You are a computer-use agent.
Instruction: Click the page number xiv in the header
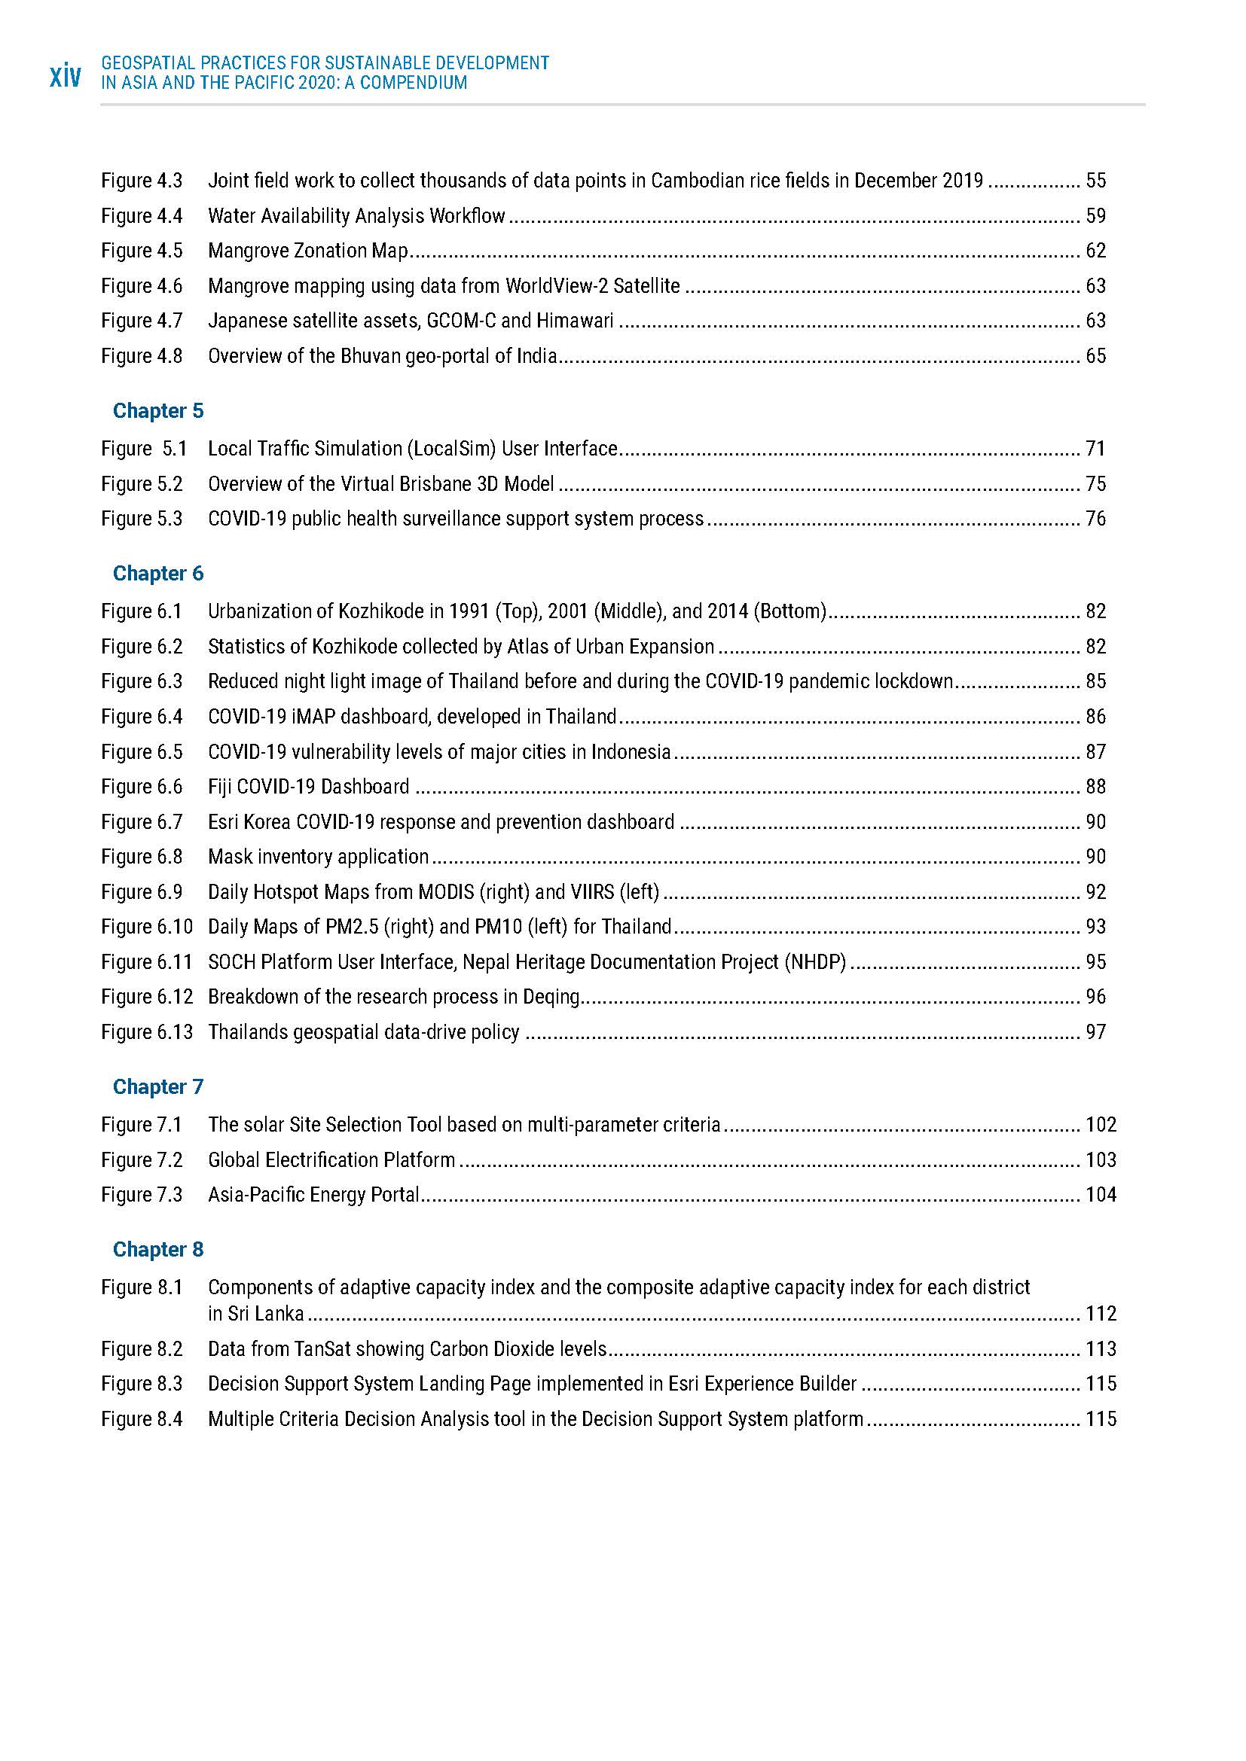[66, 78]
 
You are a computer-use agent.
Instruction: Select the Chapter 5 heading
[158, 411]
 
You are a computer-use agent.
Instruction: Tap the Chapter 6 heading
[158, 574]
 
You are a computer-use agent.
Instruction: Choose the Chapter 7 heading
[158, 1087]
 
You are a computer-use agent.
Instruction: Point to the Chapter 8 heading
[158, 1250]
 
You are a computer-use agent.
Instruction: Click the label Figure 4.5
[142, 251]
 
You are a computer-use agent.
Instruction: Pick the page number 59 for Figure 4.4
[1095, 216]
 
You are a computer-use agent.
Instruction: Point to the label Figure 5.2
[142, 484]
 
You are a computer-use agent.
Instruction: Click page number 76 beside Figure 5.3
[1095, 519]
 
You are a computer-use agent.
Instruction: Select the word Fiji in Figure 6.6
[219, 787]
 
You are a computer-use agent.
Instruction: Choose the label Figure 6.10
[147, 928]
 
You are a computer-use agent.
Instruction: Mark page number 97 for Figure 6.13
[1095, 1032]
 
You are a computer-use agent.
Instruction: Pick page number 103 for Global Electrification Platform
[1101, 1159]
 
